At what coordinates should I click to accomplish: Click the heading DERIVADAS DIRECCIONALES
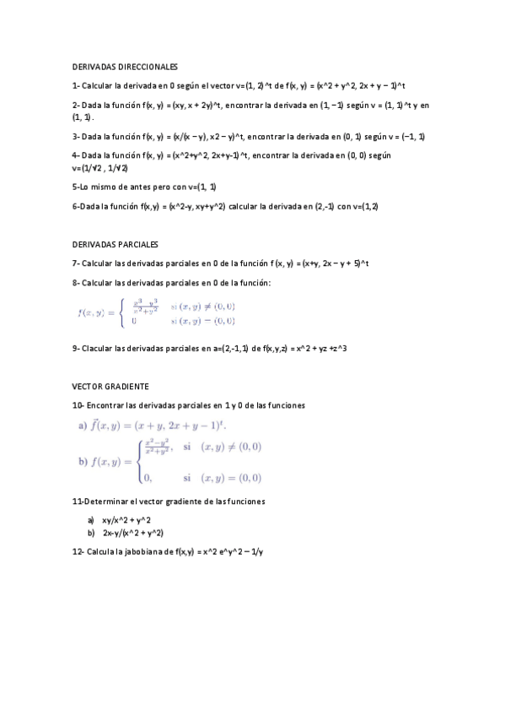125,66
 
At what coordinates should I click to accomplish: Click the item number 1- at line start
76,85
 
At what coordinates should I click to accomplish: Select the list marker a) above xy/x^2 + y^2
90,520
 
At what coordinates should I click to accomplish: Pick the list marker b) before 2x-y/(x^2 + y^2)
90,533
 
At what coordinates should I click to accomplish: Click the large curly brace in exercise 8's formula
123,312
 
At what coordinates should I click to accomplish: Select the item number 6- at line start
76,206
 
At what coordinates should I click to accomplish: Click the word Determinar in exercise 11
107,501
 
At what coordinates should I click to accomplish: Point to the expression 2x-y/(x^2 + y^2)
133,533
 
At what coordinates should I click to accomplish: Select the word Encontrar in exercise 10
105,405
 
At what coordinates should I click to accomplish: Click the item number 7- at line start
76,263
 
